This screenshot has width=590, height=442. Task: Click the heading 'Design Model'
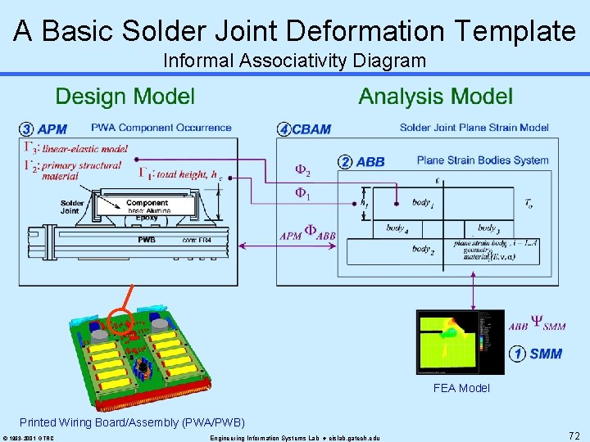(125, 97)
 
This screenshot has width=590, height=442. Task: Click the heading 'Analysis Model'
(435, 97)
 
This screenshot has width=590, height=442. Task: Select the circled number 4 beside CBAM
(284, 129)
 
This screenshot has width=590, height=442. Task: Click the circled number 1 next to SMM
(517, 354)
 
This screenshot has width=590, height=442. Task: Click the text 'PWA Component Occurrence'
(161, 128)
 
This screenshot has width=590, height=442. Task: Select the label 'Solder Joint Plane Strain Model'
(474, 128)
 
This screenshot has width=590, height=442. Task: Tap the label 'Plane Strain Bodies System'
(483, 160)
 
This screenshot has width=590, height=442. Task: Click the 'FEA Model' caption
(461, 388)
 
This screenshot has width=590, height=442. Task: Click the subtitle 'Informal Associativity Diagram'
(294, 61)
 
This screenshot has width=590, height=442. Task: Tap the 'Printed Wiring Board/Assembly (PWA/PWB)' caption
(132, 422)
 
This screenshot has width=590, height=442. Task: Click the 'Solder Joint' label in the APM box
(72, 207)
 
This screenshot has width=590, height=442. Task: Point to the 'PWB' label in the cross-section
(148, 240)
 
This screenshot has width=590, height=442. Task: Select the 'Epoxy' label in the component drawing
(147, 218)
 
